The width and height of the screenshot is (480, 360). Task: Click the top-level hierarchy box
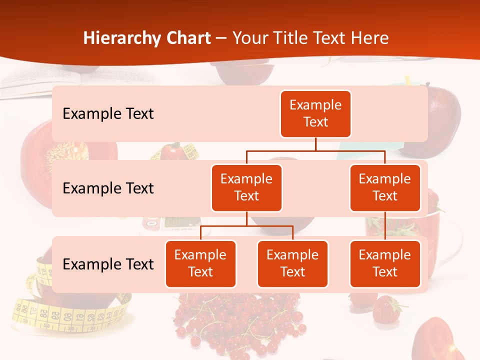315,113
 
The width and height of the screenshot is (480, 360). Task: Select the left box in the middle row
246,187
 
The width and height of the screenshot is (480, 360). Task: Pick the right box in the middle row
385,187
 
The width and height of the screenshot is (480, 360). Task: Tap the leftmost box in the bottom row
200,263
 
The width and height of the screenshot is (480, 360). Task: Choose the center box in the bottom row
292,263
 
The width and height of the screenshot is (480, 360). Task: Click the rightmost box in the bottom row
385,263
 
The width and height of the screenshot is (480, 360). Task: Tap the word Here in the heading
370,38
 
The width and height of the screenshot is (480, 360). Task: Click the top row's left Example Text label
108,113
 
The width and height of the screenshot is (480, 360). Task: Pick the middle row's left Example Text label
108,188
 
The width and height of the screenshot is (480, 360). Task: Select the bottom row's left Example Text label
108,264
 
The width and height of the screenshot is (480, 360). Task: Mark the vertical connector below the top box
315,144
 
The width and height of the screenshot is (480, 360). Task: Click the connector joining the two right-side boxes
385,225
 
